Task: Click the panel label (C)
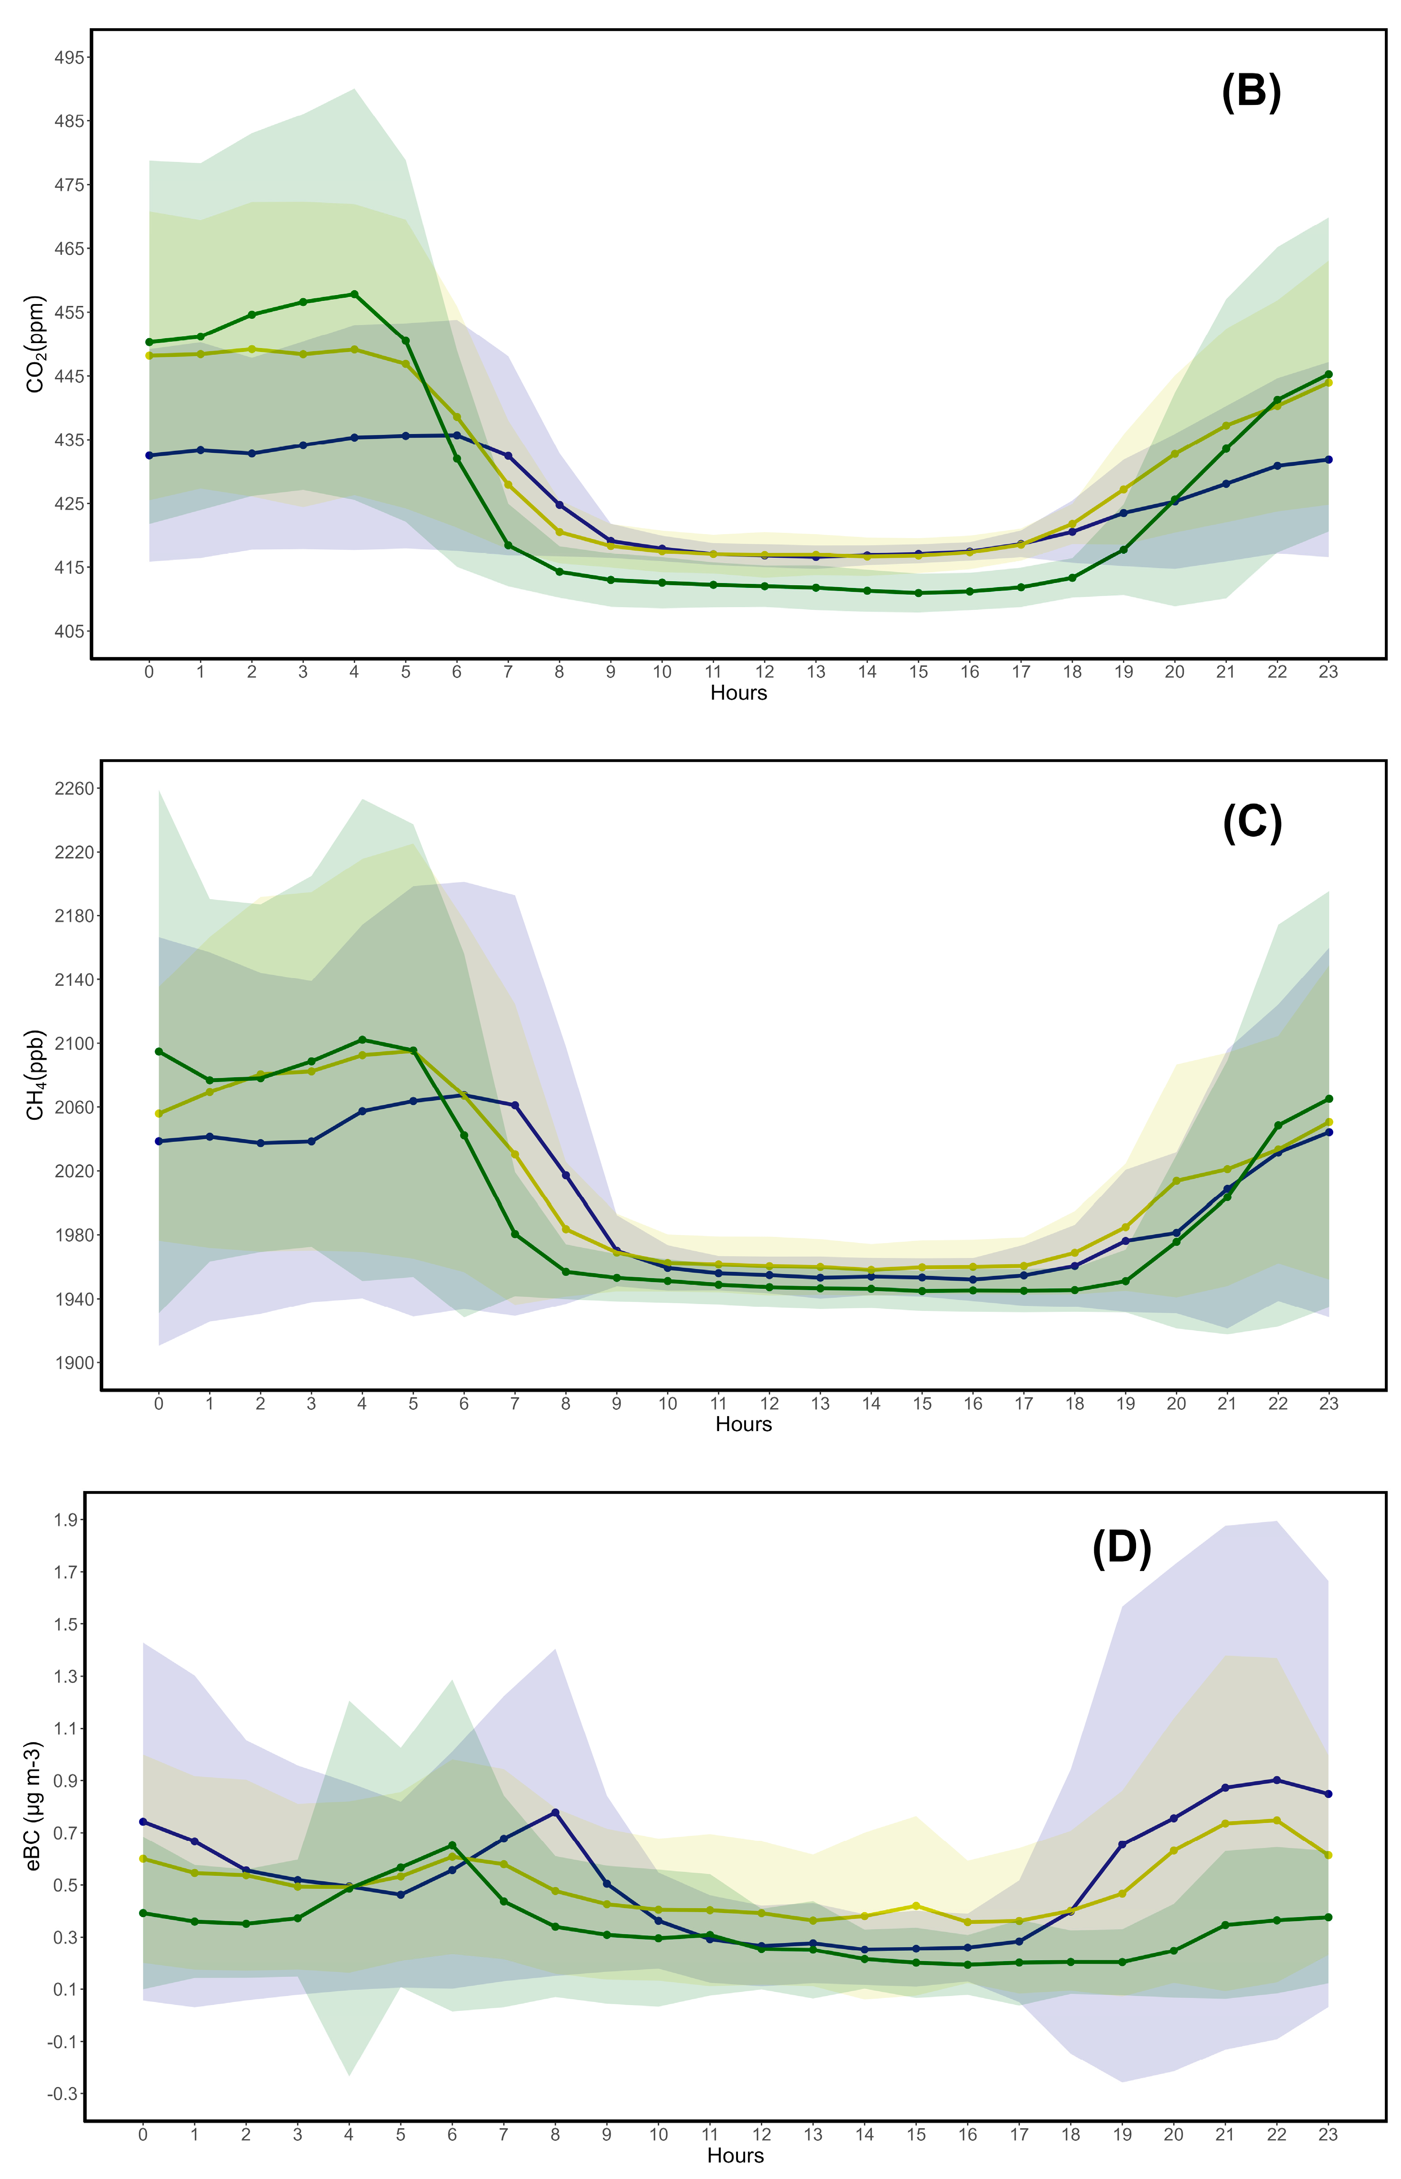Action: coord(1252,823)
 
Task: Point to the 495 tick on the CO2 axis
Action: coord(69,57)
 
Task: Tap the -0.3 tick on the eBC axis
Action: coord(64,2093)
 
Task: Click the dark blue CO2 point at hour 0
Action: coord(149,455)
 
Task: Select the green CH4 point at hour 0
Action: coord(159,1051)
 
